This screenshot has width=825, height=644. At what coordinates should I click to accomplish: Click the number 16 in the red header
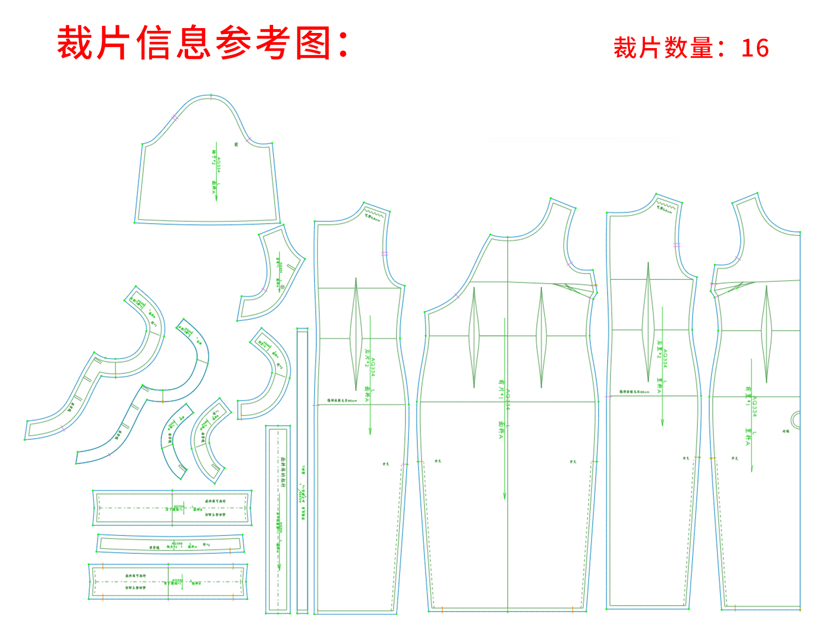[755, 48]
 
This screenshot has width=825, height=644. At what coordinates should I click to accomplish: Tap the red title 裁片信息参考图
[203, 43]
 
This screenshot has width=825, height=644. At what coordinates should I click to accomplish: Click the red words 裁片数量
[663, 48]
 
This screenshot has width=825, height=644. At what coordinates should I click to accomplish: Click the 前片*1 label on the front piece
[501, 389]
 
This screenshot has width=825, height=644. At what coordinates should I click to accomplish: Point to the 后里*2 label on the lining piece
[659, 349]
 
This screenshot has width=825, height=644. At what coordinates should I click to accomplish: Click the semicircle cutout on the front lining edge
[796, 419]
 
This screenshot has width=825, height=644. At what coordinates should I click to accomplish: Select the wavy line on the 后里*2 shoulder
[667, 206]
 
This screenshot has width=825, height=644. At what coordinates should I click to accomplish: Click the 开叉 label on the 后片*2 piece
[385, 464]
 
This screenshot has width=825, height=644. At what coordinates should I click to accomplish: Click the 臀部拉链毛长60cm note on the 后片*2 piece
[342, 400]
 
